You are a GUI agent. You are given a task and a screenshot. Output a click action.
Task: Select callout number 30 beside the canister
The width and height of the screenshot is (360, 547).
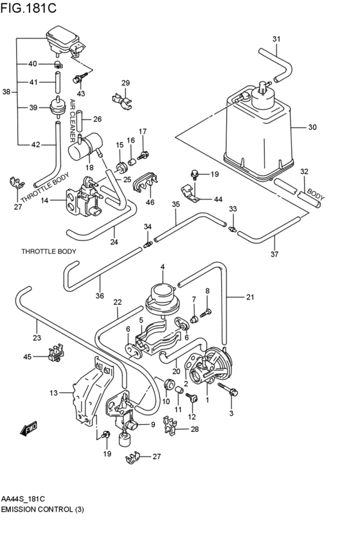click(x=312, y=127)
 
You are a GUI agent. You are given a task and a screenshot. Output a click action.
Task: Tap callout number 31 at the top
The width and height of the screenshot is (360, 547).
click(x=276, y=39)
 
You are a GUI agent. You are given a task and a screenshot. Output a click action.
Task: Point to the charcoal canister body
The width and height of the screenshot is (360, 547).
click(x=257, y=132)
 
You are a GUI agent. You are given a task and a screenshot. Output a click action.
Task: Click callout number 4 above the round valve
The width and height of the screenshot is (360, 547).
click(x=163, y=267)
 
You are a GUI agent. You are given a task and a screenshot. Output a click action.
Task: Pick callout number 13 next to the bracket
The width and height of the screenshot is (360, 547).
click(x=53, y=392)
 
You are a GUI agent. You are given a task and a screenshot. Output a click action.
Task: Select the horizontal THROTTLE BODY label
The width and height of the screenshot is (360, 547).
click(x=49, y=251)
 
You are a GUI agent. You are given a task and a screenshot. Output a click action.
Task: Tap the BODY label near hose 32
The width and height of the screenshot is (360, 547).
click(x=316, y=192)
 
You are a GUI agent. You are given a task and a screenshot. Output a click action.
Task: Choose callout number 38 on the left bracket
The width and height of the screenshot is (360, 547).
click(x=6, y=92)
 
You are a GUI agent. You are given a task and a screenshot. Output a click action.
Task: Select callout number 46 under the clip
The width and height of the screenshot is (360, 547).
click(x=150, y=202)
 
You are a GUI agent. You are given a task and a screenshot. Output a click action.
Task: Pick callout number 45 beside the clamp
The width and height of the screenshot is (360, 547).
click(x=27, y=357)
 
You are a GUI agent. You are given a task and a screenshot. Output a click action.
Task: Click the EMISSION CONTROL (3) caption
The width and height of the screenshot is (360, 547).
click(x=42, y=509)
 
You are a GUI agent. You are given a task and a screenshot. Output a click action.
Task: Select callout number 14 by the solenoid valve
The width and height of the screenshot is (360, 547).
click(x=44, y=201)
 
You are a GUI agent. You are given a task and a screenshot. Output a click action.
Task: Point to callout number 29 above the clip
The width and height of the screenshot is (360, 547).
click(x=125, y=83)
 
